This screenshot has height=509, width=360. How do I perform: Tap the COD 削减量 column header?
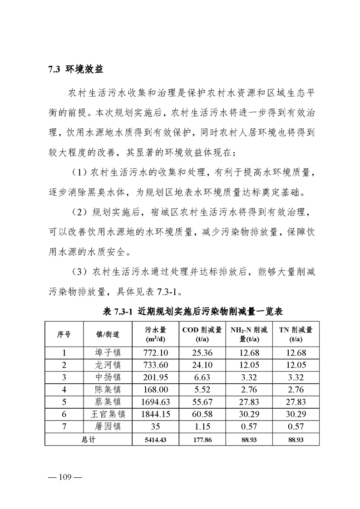coord(202,334)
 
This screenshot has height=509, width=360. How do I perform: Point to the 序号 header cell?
coord(64,334)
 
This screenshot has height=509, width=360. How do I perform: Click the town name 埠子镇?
coord(108,353)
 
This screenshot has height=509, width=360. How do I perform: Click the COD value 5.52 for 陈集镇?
coord(202,390)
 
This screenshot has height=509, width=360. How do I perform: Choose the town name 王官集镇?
coord(108,414)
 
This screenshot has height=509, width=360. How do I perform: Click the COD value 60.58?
coord(202,414)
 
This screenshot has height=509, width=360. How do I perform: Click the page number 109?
coord(64,477)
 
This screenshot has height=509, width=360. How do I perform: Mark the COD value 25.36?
coord(202,353)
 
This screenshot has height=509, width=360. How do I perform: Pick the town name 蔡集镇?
coord(108,402)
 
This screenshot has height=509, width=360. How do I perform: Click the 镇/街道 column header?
coord(108,334)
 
